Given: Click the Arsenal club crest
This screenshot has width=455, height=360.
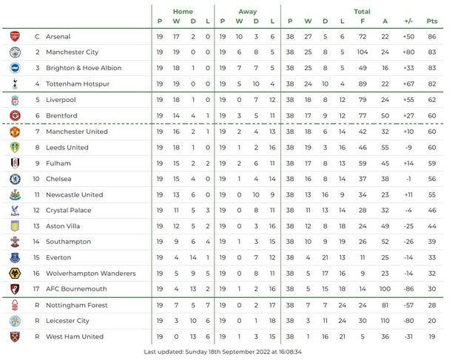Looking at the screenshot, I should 16,36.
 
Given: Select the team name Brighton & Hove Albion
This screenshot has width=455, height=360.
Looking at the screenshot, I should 84,68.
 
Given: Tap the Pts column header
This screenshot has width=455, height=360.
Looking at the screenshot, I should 432,21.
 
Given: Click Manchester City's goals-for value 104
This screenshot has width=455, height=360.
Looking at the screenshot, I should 363,52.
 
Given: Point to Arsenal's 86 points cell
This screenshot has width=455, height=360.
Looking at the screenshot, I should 432,36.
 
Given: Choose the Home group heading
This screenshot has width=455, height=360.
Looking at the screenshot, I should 183,12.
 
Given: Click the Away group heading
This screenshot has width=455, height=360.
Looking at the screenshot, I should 248,12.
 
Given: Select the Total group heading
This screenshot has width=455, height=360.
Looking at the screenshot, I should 362,12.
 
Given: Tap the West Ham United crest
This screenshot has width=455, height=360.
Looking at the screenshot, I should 16,336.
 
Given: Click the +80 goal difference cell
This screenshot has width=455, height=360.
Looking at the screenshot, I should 408,52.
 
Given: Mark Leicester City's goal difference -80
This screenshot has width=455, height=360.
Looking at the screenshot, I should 408,321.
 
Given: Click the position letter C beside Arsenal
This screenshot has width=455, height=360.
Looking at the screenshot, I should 37,36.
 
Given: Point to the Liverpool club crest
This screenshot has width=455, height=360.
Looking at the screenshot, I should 16,100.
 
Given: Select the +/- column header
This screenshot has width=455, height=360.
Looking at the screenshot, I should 408,21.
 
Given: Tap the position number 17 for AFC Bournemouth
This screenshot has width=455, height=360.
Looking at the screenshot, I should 37,289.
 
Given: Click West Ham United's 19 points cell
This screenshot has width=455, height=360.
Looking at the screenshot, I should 432,336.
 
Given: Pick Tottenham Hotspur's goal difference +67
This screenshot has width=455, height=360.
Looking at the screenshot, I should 408,84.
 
